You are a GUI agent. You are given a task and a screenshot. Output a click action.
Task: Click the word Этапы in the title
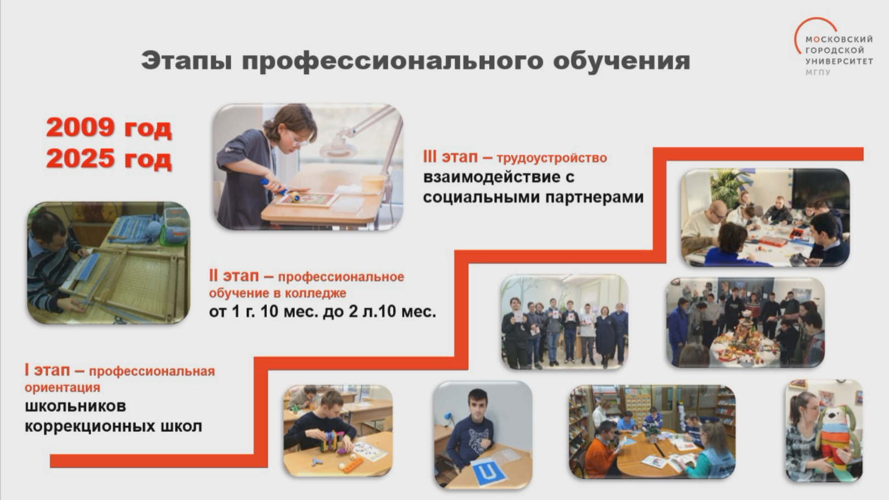pyautogui.click(x=187, y=61)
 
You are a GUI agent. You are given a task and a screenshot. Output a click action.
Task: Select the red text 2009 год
pyautogui.click(x=109, y=127)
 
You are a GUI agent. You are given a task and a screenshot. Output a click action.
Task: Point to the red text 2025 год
pyautogui.click(x=109, y=158)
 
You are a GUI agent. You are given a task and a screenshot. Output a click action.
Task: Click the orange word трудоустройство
pyautogui.click(x=552, y=158)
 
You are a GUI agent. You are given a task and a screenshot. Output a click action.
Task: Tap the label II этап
pyautogui.click(x=234, y=276)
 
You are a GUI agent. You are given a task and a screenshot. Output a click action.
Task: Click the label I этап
pyautogui.click(x=47, y=370)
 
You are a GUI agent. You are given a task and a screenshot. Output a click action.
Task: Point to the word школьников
pyautogui.click(x=75, y=406)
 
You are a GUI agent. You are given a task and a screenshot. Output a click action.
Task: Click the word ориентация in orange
pyautogui.click(x=62, y=387)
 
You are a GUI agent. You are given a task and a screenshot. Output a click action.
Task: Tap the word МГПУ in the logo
pyautogui.click(x=818, y=73)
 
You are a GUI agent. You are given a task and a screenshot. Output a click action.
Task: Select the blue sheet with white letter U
pyautogui.click(x=489, y=473)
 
